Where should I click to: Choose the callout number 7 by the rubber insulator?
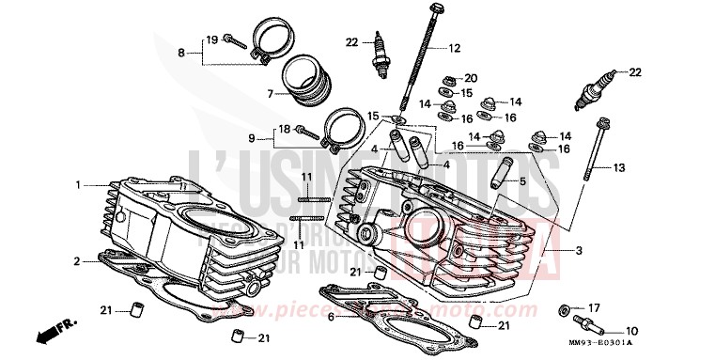[x=270, y=93]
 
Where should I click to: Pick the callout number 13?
[x=617, y=168]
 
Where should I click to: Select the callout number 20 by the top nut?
[x=471, y=77]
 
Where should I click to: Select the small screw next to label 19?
[x=236, y=42]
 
